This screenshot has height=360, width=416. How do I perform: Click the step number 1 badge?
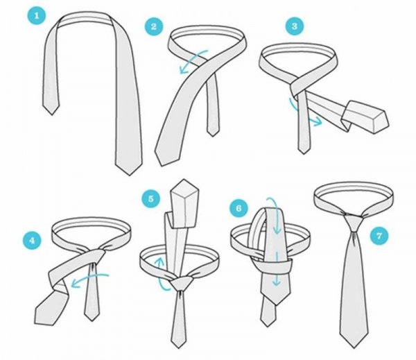(37, 16)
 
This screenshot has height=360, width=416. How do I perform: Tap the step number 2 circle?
(154, 26)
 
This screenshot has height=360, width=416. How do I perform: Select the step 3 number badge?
(295, 26)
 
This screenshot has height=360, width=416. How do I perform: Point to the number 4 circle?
(32, 241)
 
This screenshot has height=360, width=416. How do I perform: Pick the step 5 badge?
(150, 198)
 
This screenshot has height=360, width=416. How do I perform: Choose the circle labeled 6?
(239, 208)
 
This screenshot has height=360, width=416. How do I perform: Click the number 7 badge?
(379, 235)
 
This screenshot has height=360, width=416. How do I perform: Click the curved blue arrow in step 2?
(193, 60)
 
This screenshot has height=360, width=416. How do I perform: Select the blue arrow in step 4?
(89, 278)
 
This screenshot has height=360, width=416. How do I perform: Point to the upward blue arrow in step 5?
(161, 273)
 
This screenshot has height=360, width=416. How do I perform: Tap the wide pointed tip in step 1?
(129, 175)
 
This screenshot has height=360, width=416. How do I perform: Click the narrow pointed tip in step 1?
(52, 114)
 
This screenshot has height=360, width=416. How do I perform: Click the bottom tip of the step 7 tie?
(354, 348)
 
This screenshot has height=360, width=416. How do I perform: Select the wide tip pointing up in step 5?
(185, 180)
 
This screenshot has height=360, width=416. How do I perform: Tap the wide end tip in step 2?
(160, 165)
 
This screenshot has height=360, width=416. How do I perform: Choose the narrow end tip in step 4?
(92, 320)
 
